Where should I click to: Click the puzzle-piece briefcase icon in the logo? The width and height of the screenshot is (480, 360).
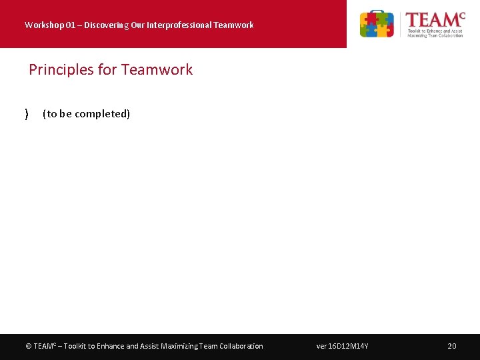click(x=377, y=25)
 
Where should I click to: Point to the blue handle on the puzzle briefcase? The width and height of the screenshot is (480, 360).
click(x=377, y=13)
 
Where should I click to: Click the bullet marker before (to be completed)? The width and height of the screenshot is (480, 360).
click(x=27, y=114)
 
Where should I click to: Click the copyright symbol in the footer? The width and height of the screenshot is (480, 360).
click(x=28, y=346)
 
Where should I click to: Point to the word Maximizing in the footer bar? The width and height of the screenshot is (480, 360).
click(x=181, y=346)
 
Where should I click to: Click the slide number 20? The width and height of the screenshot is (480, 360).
click(x=451, y=346)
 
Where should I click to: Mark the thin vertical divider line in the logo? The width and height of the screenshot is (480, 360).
click(x=400, y=25)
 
